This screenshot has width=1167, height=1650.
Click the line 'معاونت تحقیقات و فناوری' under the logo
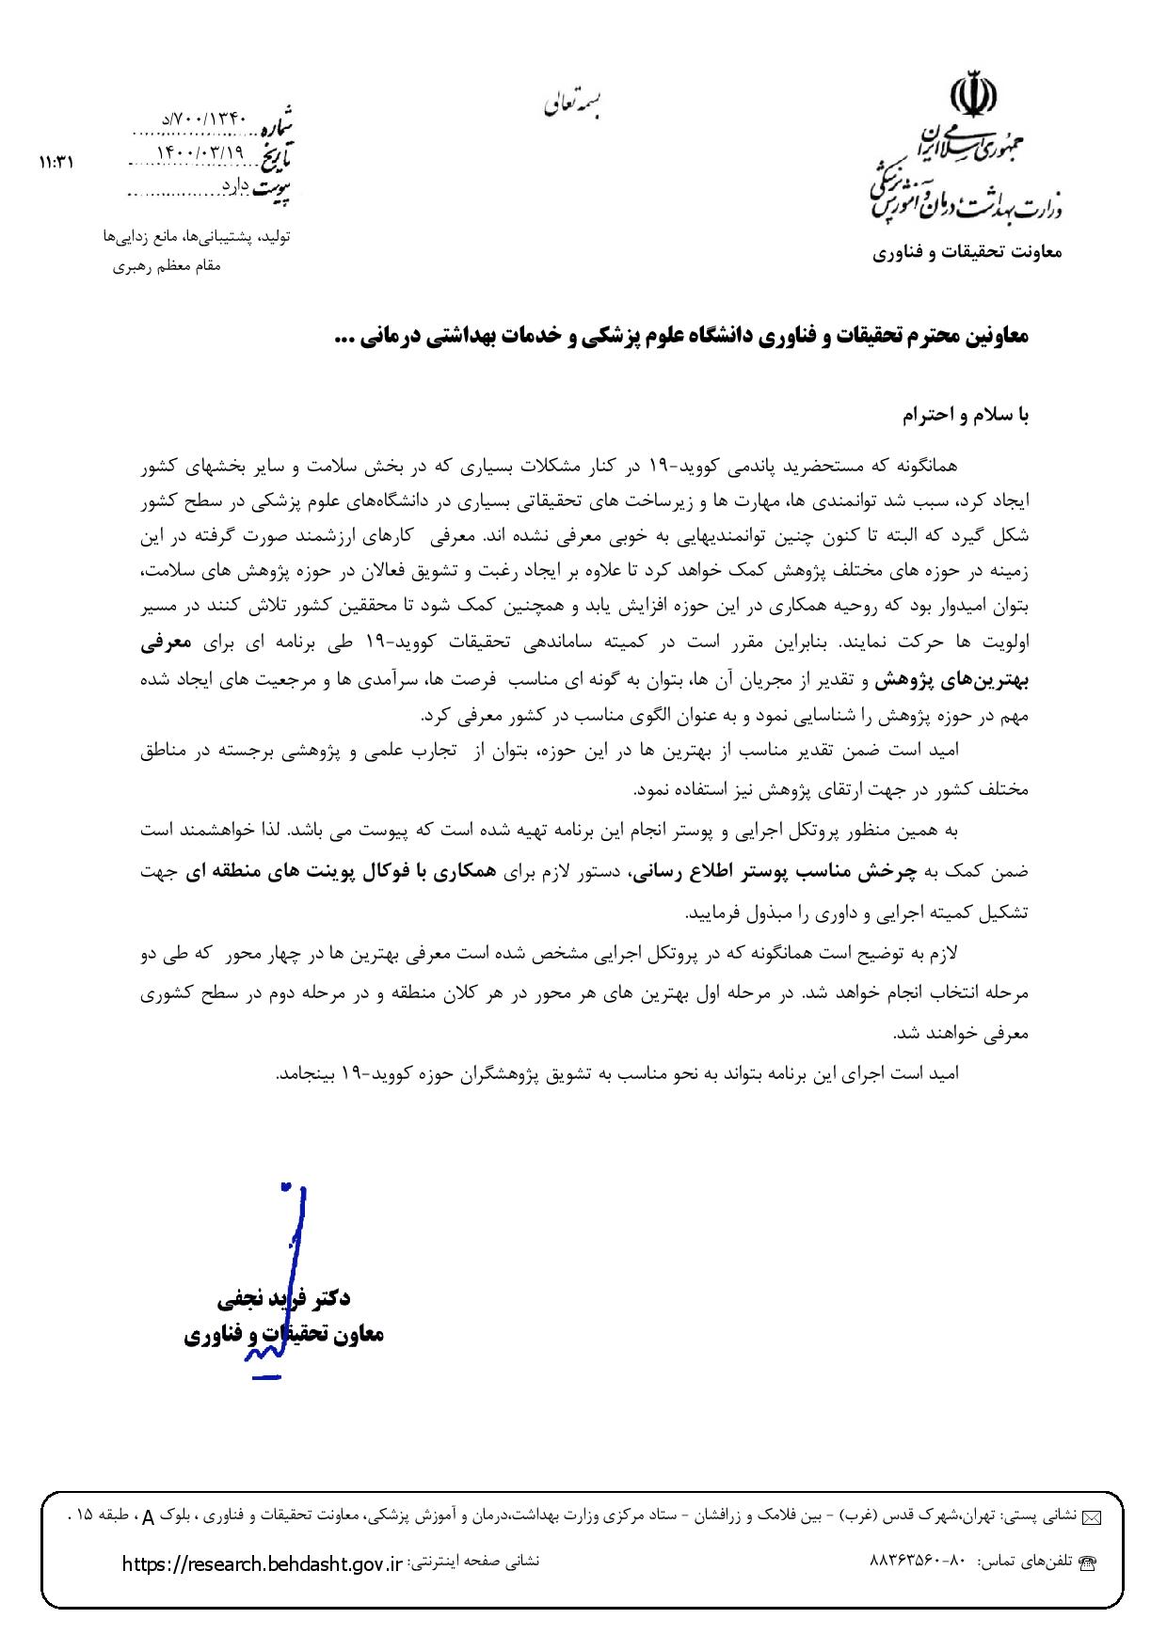click(x=967, y=253)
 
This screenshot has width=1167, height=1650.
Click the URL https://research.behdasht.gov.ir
click(x=263, y=1563)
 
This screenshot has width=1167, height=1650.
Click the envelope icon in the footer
click(x=1092, y=1516)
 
